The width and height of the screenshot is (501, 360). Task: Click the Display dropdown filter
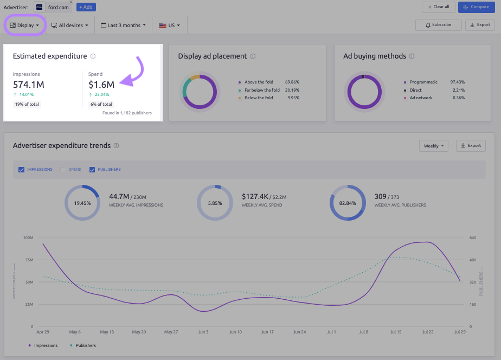tap(24, 25)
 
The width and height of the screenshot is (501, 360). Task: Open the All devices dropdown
tap(69, 25)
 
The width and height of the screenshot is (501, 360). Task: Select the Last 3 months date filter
tap(123, 25)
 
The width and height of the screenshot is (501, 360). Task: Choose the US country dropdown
tap(169, 25)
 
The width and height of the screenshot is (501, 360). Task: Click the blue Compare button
tap(477, 7)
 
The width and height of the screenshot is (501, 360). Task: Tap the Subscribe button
tap(438, 25)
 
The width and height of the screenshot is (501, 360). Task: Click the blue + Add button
tap(86, 7)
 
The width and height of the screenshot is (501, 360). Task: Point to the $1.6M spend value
tap(101, 85)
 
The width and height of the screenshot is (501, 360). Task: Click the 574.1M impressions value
tap(29, 85)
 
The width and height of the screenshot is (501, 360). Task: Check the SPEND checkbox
tap(63, 170)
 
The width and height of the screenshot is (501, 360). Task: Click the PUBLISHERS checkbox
tap(92, 170)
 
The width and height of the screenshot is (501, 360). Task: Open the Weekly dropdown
tap(434, 146)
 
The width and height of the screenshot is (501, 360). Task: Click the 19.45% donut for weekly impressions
tap(82, 203)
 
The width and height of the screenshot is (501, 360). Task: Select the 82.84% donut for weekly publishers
tap(347, 203)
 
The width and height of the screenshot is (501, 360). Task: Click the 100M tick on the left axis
tap(28, 237)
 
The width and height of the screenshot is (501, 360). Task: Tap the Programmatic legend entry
tap(423, 82)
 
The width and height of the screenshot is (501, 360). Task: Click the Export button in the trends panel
tap(471, 146)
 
